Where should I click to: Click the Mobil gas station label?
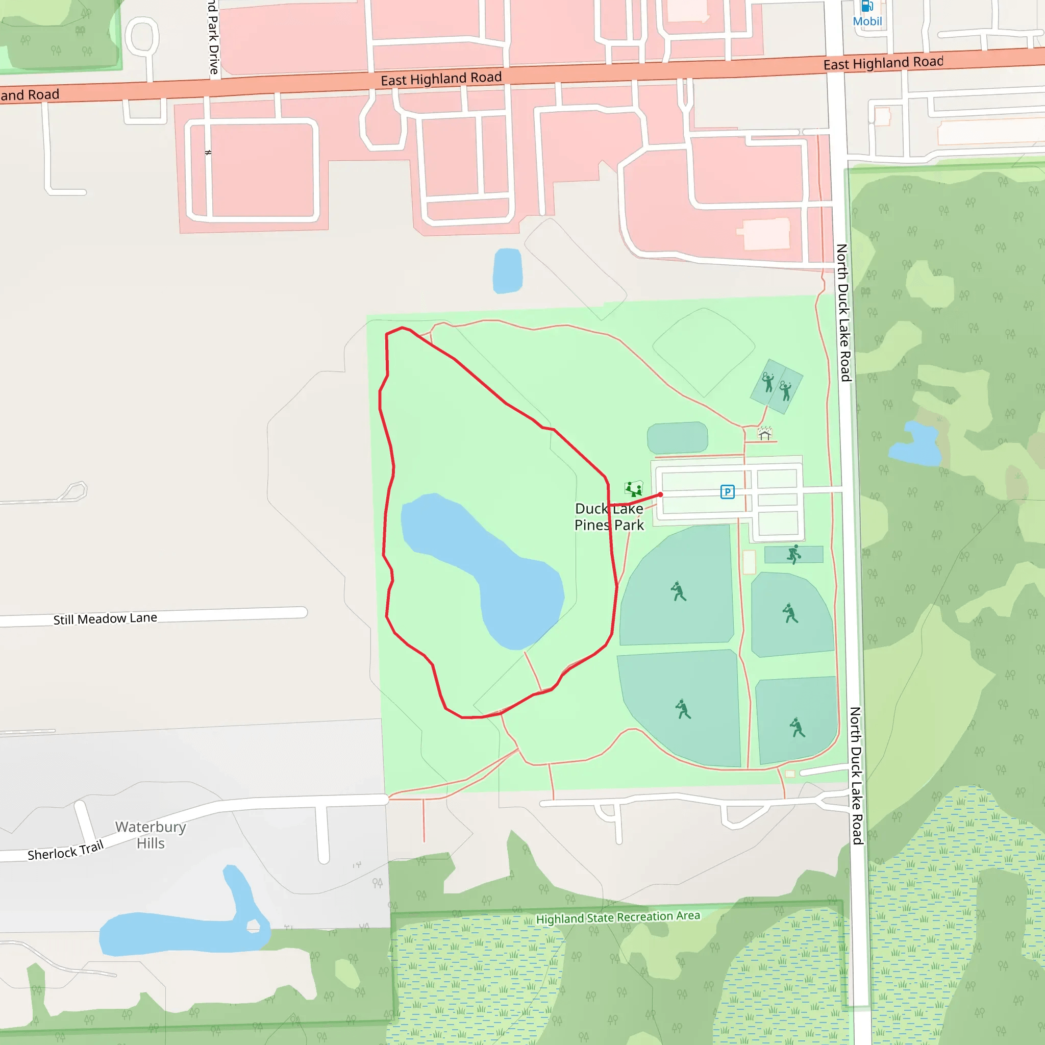(x=867, y=21)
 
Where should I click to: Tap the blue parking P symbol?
(x=728, y=492)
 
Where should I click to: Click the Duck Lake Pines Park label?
(x=609, y=516)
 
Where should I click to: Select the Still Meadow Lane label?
(x=105, y=618)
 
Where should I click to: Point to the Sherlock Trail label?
(x=65, y=851)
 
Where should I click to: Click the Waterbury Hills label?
(x=151, y=835)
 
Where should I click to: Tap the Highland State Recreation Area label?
(x=618, y=917)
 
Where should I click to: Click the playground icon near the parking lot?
(x=633, y=489)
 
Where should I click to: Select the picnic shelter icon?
(x=764, y=433)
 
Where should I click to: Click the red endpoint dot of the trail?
(x=660, y=494)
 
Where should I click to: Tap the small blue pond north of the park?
(x=507, y=270)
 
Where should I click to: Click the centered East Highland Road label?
(x=441, y=79)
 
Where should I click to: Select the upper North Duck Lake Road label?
(x=843, y=313)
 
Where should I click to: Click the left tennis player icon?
(x=767, y=382)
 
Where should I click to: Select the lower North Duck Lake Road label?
(x=856, y=775)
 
